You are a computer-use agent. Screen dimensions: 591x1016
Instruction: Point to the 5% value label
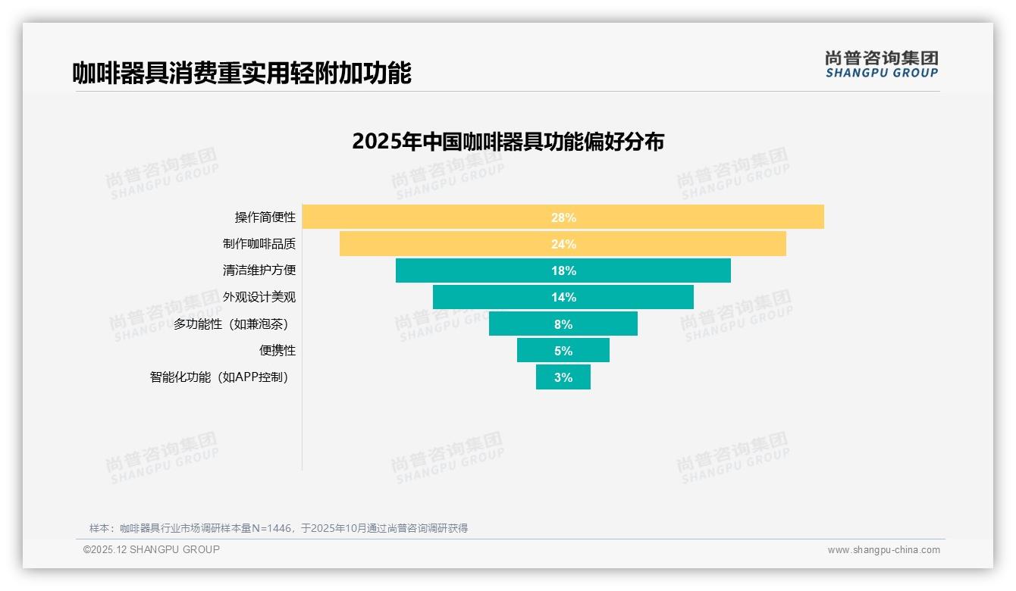click(563, 351)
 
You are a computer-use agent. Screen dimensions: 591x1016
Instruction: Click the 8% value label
click(563, 324)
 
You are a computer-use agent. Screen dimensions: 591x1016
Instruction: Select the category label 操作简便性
click(265, 217)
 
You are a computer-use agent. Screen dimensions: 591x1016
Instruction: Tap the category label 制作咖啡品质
click(259, 244)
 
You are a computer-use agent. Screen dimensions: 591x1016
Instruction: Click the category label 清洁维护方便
click(259, 270)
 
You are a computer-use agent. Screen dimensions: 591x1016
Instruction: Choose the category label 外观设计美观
click(259, 297)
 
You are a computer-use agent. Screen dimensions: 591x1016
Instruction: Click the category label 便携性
click(277, 351)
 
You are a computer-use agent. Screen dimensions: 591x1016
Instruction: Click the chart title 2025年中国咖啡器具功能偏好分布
click(508, 142)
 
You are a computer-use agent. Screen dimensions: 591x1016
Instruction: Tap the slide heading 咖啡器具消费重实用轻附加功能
click(242, 73)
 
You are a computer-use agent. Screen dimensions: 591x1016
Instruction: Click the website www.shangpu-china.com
click(883, 550)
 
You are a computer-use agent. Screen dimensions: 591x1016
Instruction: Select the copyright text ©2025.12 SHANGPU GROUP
click(152, 549)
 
